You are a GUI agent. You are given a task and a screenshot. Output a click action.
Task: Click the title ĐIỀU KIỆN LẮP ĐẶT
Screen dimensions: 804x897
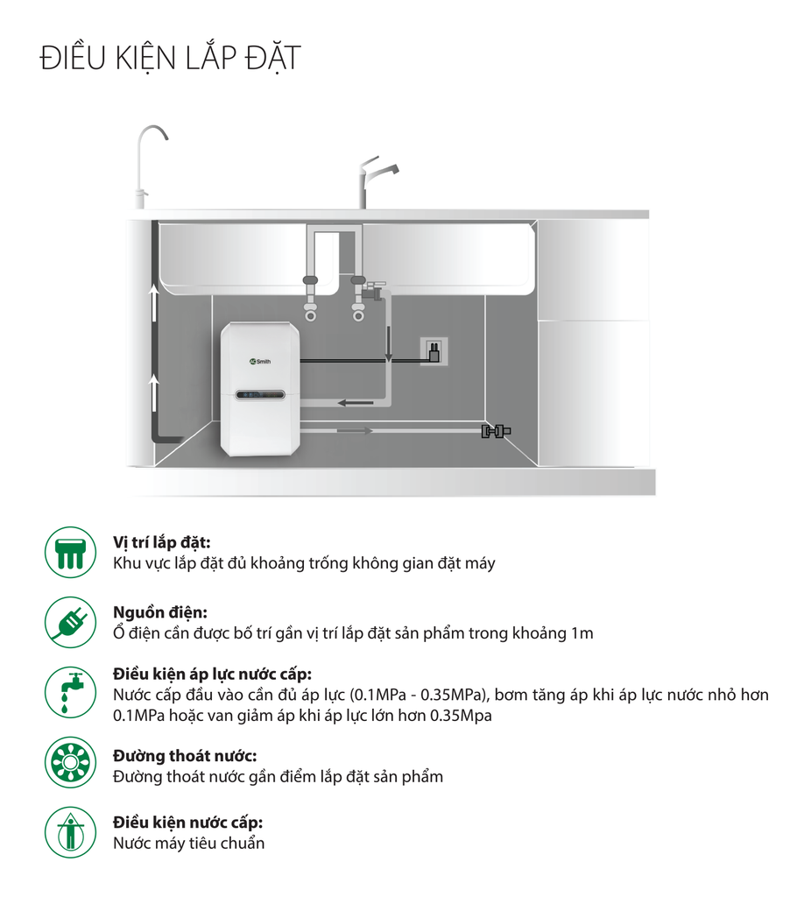[x=171, y=59]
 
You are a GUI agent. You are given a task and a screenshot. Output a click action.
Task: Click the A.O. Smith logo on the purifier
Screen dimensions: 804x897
[x=261, y=362]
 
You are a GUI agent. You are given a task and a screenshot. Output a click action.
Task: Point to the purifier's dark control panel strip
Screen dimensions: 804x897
[x=261, y=395]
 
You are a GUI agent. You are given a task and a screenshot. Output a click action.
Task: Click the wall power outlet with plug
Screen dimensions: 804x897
[x=434, y=351]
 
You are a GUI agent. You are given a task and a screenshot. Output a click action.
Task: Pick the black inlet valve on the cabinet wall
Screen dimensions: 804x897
[x=496, y=431]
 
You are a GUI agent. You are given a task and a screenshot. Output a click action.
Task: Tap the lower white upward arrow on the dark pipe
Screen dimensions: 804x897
[x=154, y=392]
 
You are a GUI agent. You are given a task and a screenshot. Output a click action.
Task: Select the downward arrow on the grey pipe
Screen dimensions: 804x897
[x=388, y=343]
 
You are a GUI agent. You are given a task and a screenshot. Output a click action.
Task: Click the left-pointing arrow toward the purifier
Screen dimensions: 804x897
[x=355, y=403]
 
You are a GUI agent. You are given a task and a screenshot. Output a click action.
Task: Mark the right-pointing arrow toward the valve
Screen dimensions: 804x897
[x=355, y=431]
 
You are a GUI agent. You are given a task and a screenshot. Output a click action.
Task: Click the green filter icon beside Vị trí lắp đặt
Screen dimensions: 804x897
[x=70, y=552]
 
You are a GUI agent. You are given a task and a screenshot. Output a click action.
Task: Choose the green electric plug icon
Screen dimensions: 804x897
[x=70, y=623]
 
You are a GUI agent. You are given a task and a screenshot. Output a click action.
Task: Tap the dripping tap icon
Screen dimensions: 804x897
[x=70, y=692]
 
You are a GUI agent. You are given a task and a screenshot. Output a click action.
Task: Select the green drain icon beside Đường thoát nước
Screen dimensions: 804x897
[x=70, y=762]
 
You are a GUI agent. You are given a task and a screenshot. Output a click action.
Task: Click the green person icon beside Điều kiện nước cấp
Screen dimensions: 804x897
[x=70, y=832]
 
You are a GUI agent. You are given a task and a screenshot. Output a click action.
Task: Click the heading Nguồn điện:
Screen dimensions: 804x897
[x=160, y=612]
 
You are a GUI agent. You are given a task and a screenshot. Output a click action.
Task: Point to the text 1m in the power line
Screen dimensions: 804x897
[x=582, y=633]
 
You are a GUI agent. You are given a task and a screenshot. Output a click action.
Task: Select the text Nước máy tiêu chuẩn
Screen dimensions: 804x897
[x=188, y=844]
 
